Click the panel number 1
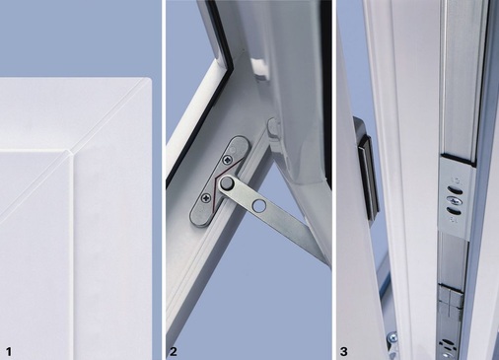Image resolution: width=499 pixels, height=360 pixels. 9,352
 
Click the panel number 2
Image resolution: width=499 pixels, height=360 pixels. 174,352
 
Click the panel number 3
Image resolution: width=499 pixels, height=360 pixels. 344,352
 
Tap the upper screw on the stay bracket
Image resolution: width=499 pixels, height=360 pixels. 228,161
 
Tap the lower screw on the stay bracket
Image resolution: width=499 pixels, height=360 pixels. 206,198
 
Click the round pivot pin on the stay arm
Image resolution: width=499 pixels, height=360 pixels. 226,183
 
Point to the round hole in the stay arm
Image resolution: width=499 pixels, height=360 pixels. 258,206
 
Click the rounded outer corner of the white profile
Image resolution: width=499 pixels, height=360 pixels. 149,80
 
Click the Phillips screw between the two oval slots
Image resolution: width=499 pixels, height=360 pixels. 455,201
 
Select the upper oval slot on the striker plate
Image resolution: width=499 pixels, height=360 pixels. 455,190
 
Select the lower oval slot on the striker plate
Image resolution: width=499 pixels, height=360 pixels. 454,211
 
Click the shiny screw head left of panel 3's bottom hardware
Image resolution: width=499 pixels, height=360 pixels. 392,337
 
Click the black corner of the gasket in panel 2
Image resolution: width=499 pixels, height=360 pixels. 228,65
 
